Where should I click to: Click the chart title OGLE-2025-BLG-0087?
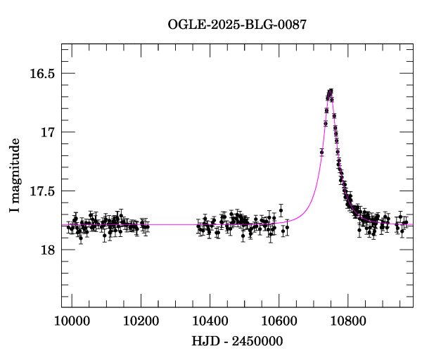pyautogui.click(x=237, y=25)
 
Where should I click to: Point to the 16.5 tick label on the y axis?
pyautogui.click(x=41, y=74)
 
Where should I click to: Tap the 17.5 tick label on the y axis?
pyautogui.click(x=41, y=191)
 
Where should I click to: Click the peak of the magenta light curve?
pyautogui.click(x=330, y=90)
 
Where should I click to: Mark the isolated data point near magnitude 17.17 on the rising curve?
pyautogui.click(x=321, y=152)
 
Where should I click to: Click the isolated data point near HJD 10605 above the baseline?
pyautogui.click(x=281, y=210)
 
